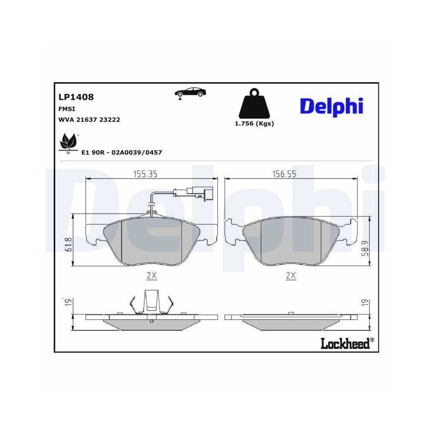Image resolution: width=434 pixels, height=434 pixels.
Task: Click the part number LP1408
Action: (76, 98)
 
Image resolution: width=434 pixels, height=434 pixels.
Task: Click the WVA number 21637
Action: (87, 119)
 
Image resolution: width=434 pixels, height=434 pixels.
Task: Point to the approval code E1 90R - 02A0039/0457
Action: (122, 152)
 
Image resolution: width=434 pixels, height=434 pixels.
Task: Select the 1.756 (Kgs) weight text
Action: (254, 123)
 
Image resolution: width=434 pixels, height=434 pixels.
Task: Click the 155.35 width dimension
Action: (144, 174)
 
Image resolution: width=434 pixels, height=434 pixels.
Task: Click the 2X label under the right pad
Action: (291, 275)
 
